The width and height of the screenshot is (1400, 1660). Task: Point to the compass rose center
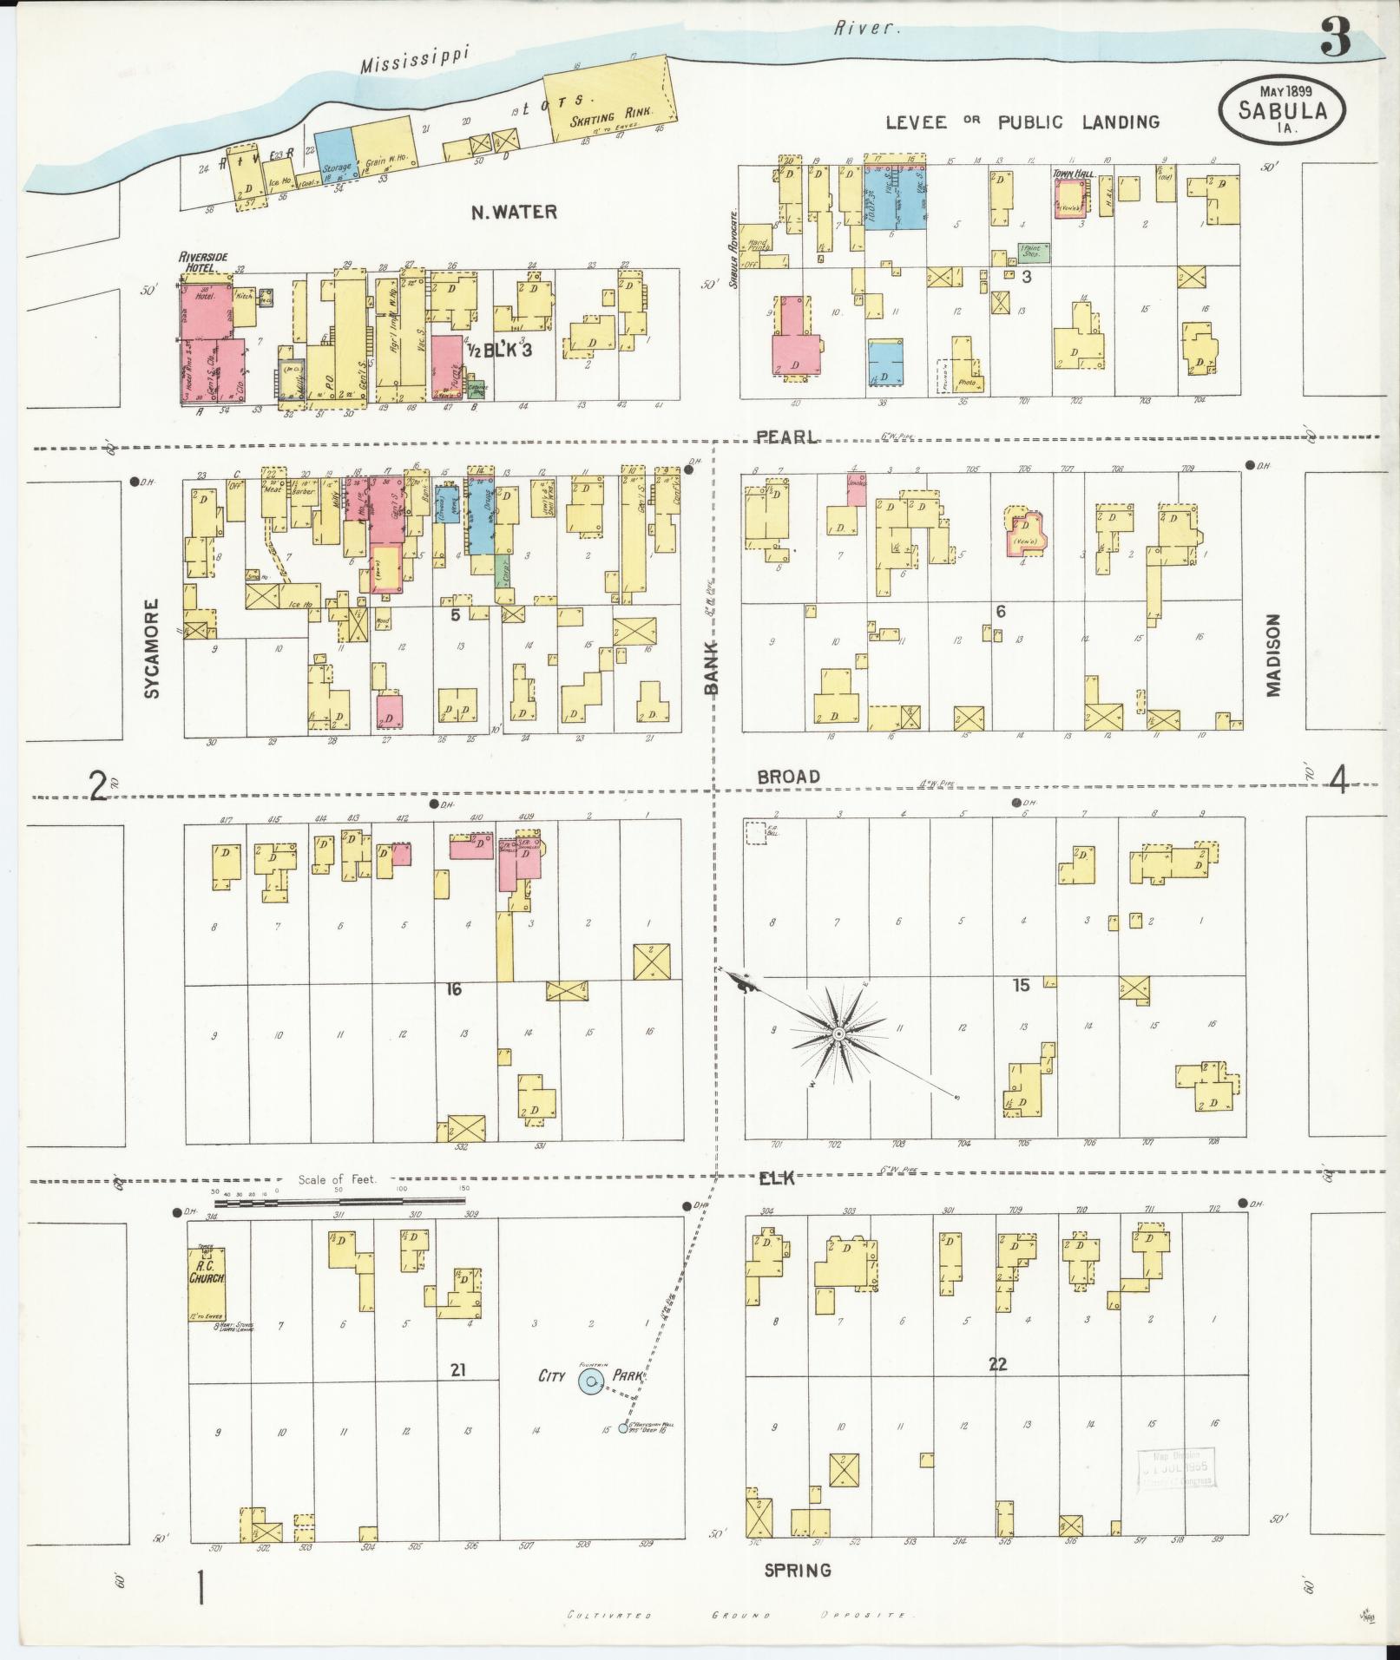click(838, 1035)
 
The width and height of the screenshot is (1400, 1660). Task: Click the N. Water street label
click(514, 212)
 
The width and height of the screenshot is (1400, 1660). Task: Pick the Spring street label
click(797, 1570)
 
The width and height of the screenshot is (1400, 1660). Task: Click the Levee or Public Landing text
click(1022, 122)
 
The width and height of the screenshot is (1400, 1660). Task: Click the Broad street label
click(788, 776)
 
